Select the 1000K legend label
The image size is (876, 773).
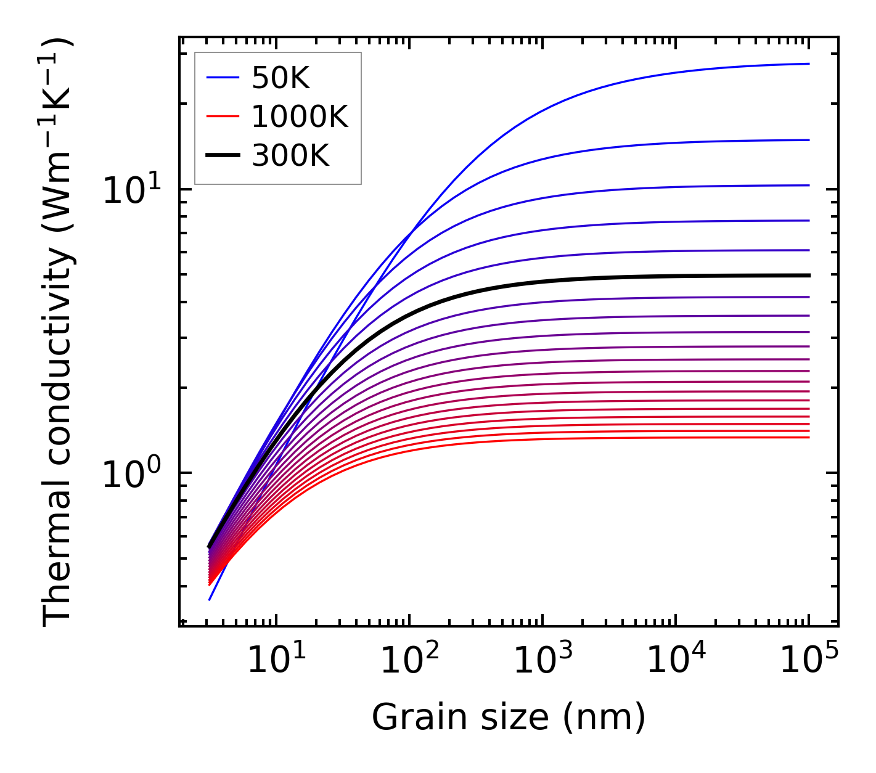tap(300, 117)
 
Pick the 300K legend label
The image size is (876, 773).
tap(290, 156)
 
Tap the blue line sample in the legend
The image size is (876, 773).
tap(222, 78)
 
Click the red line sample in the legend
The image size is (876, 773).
tap(222, 117)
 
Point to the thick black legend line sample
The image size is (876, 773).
tap(222, 156)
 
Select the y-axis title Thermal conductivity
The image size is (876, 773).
tap(59, 333)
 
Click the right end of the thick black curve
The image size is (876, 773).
tap(808, 276)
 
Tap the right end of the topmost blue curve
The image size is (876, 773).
tap(808, 63)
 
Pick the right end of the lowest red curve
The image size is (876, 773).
tap(808, 438)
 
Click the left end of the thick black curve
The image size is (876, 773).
tap(210, 546)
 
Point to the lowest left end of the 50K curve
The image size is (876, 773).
tap(210, 599)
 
